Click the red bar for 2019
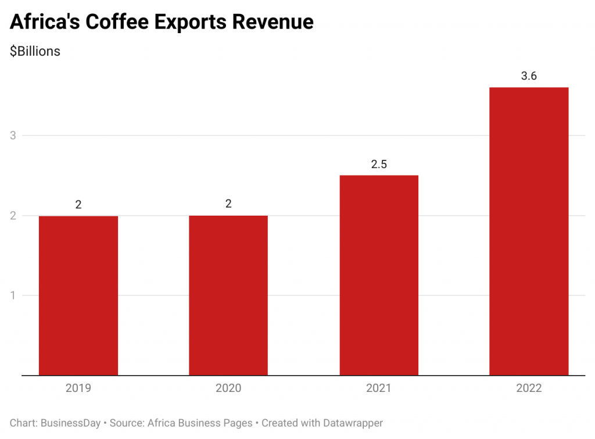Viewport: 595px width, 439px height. tap(78, 295)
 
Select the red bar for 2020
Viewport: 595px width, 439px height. tap(228, 295)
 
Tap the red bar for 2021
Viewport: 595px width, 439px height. tap(379, 275)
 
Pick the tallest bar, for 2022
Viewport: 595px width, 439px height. tap(529, 231)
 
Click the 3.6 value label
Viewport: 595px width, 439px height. tap(529, 76)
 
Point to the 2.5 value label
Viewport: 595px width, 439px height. tap(379, 165)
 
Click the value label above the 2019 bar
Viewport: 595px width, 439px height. tap(78, 205)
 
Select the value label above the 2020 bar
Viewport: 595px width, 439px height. tap(228, 204)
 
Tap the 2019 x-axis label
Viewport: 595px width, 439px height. tap(78, 388)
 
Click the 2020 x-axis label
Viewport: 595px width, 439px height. tap(228, 388)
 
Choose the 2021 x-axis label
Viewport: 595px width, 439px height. tap(379, 388)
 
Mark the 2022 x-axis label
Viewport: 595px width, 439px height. tap(529, 388)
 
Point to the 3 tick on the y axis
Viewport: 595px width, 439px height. tap(13, 135)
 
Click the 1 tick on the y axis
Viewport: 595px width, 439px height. tap(13, 295)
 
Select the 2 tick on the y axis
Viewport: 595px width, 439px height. tap(13, 216)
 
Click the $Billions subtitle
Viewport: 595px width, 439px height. tap(35, 51)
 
